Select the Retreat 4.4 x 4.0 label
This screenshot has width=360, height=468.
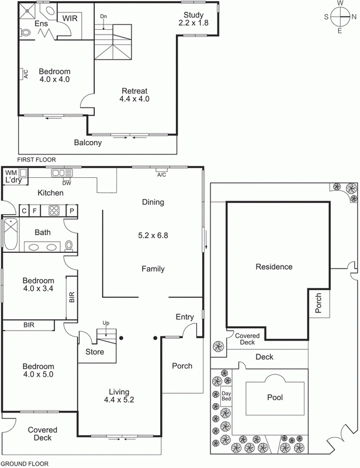pos(134,95)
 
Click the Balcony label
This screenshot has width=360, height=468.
pos(88,142)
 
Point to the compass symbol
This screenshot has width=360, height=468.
pos(339,17)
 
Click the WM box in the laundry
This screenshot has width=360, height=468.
pos(11,173)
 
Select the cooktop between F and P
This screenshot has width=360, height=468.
pos(55,211)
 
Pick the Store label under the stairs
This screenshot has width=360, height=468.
pos(95,352)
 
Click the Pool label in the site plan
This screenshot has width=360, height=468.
pos(275,397)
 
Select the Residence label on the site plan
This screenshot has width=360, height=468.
pos(274,267)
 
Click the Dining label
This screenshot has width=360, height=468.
pos(153,202)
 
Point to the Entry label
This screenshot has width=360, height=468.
pos(185,317)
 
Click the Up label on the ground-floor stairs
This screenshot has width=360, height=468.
pos(105,323)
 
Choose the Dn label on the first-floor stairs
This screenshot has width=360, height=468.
pos(103,16)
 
